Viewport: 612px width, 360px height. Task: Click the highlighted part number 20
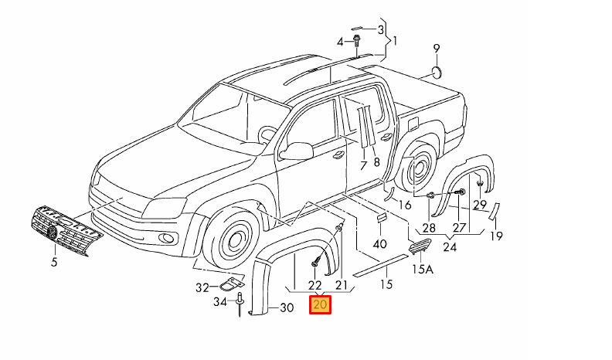coord(320,306)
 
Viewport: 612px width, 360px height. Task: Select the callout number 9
coord(437,49)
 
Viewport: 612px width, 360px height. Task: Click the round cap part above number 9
coord(437,73)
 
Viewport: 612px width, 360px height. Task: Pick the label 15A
coord(422,270)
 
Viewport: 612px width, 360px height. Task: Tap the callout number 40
coord(379,244)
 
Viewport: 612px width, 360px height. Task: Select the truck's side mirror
coord(297,150)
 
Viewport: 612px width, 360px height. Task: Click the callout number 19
coord(497,236)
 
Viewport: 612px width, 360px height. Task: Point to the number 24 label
coord(449,248)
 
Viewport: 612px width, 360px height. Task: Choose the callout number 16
coord(404,204)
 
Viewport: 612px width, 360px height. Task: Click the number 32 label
coord(202,287)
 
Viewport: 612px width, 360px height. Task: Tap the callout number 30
coord(286,308)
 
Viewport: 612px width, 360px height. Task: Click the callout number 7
coord(362,165)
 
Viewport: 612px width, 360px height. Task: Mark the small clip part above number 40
coord(381,219)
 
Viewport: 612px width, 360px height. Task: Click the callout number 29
coord(480,205)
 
